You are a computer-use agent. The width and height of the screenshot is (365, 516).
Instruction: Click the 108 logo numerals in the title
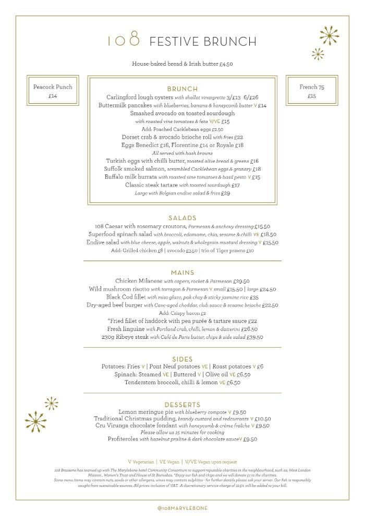124,40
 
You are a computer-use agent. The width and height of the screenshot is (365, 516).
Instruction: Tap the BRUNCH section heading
182,89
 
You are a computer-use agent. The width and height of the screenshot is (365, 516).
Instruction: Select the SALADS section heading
182,218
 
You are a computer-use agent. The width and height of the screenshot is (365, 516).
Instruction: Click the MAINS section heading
182,273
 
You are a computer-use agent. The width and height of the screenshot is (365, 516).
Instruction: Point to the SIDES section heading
182,359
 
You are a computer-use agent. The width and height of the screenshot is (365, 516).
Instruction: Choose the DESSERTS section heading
182,404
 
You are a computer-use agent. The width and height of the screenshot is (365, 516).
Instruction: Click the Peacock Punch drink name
53,87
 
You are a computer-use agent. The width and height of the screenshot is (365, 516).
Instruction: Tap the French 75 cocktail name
312,87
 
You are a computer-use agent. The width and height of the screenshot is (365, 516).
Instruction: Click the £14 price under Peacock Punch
53,96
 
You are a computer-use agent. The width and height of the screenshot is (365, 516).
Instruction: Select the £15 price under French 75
312,96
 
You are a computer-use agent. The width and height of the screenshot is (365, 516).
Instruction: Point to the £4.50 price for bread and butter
226,64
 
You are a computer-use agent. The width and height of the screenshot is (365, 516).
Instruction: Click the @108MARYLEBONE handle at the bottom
182,508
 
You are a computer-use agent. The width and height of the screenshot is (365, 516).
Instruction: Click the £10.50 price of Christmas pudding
263,419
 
